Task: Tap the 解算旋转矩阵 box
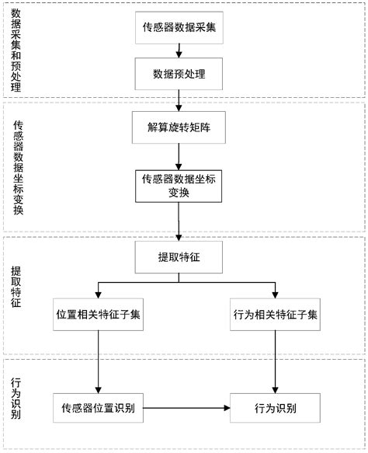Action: [x=179, y=127]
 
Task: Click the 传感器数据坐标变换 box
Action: [x=179, y=186]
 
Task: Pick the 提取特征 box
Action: [x=179, y=256]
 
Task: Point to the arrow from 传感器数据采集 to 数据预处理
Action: [x=179, y=50]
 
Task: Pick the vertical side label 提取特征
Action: [x=15, y=287]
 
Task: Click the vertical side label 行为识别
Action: [x=15, y=399]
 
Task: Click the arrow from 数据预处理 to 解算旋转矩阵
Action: [x=179, y=99]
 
